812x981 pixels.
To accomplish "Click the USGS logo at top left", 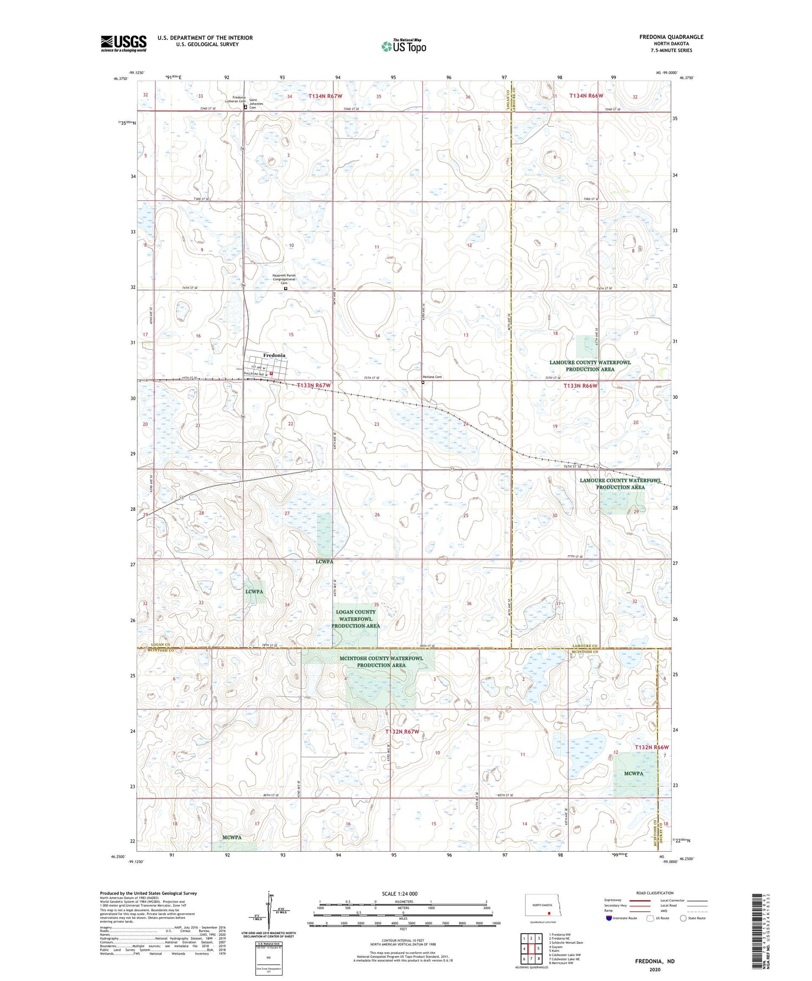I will [123, 43].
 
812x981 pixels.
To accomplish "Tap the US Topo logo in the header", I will [403, 46].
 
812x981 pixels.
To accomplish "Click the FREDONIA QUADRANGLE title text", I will [671, 37].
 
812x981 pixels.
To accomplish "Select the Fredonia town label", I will [274, 355].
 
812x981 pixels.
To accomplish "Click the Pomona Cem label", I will [432, 377].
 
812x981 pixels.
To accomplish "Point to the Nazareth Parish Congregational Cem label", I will [284, 279].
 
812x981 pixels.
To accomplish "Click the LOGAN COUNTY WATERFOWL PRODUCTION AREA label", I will [356, 618].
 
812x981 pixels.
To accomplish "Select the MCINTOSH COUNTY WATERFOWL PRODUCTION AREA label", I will [381, 661].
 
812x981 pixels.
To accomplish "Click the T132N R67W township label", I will [402, 732].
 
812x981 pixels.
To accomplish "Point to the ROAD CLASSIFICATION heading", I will [655, 893].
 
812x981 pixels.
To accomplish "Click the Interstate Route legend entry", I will [620, 918].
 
